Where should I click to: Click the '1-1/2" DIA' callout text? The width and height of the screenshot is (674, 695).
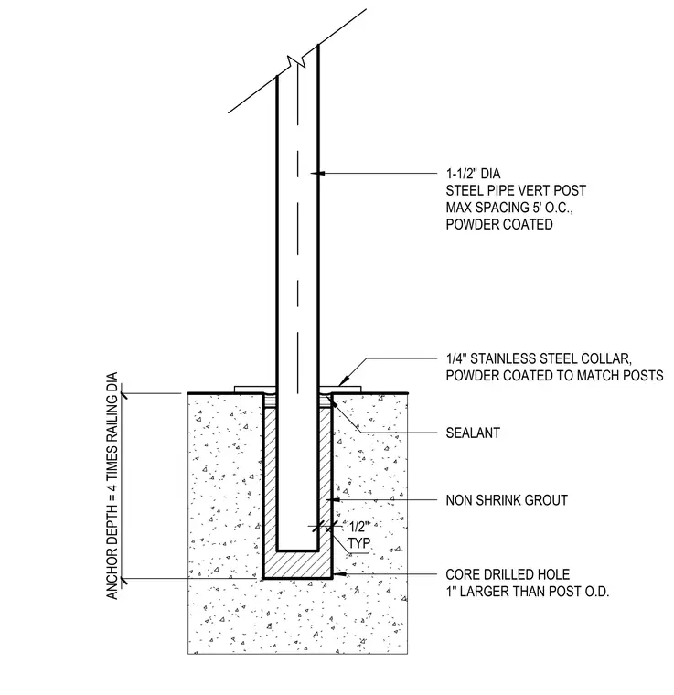(x=473, y=174)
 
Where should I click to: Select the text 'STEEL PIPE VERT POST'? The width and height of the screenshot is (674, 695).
(x=516, y=190)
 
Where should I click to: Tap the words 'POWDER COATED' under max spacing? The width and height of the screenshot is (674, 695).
(x=499, y=224)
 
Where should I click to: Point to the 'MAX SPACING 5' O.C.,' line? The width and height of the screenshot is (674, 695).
(x=509, y=208)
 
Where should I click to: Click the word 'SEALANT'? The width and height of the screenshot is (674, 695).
(x=473, y=433)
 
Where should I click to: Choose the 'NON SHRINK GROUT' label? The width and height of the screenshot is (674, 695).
(x=507, y=500)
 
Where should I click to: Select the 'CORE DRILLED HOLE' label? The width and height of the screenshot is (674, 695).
(x=508, y=574)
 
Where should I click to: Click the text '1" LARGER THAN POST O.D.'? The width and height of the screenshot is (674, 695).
(x=528, y=592)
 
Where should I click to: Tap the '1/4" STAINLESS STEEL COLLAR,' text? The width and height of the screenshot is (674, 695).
(x=539, y=358)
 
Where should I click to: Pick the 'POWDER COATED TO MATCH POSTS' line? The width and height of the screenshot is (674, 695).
(x=554, y=376)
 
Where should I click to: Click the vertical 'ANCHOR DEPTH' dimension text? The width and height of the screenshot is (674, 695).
(x=112, y=486)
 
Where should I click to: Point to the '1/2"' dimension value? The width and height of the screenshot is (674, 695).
(x=359, y=527)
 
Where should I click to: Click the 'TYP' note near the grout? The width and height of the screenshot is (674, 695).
(x=358, y=543)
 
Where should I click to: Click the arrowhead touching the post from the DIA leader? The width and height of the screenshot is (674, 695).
(x=316, y=173)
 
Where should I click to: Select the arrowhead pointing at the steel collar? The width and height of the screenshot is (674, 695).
(x=343, y=381)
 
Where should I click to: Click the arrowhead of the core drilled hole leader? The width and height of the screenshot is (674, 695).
(x=337, y=574)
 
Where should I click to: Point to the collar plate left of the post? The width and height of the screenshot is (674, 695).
(x=255, y=390)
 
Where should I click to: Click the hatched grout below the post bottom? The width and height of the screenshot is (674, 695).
(x=297, y=565)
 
